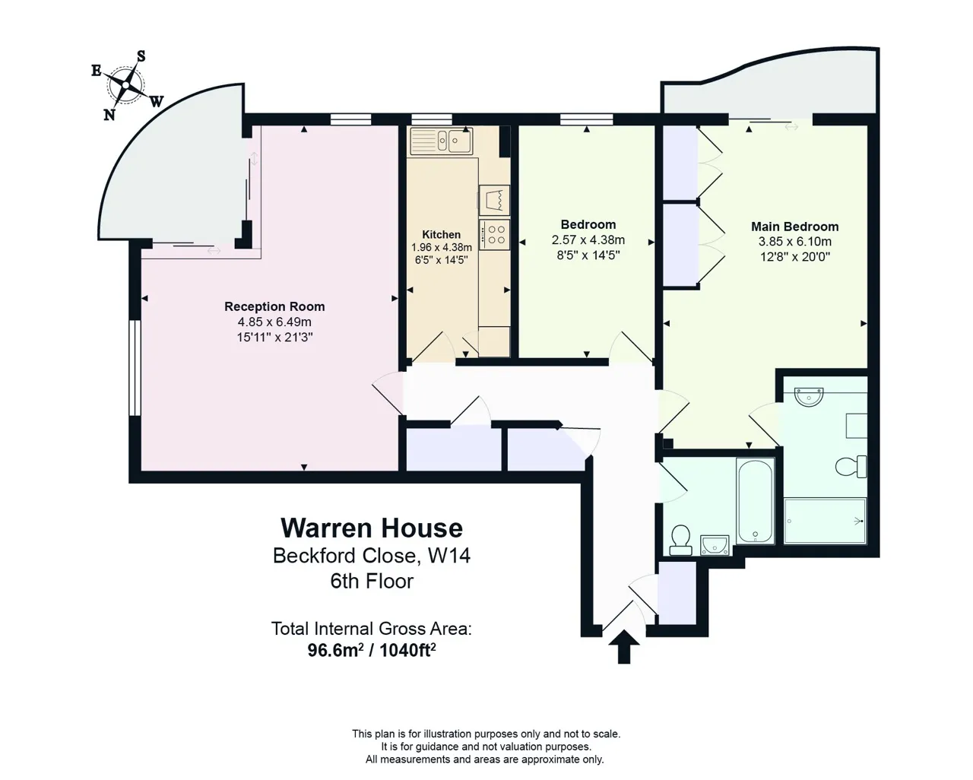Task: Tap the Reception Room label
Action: point(274,306)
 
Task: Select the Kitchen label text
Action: point(442,235)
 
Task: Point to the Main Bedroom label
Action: point(794,227)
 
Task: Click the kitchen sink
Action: point(442,141)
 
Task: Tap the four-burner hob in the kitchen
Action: point(495,235)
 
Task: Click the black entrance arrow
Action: point(624,647)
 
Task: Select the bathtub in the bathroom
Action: point(755,500)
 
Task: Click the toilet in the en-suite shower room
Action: point(851,467)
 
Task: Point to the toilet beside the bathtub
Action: point(680,540)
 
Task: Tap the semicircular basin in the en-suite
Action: point(808,397)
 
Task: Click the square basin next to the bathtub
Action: point(715,545)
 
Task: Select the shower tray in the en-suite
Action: point(826,521)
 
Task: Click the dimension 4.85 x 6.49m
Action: point(274,322)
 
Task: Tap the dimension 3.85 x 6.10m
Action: point(795,242)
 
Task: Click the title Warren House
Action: point(372,528)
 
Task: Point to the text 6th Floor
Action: point(372,582)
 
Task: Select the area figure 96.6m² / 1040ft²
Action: point(372,650)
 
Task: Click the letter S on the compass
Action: point(141,56)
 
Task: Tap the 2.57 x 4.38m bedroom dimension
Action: point(588,240)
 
